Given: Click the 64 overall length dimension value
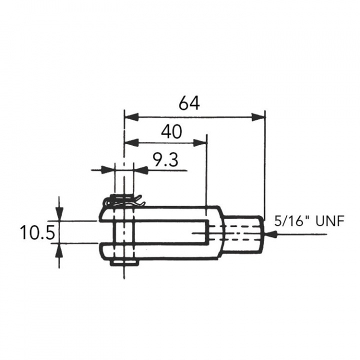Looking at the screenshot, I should coord(189,103).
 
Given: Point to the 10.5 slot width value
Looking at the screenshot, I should coord(36,232).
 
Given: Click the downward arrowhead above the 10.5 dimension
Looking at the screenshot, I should coord(60,214).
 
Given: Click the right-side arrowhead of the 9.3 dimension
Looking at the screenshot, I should coord(141,170).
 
